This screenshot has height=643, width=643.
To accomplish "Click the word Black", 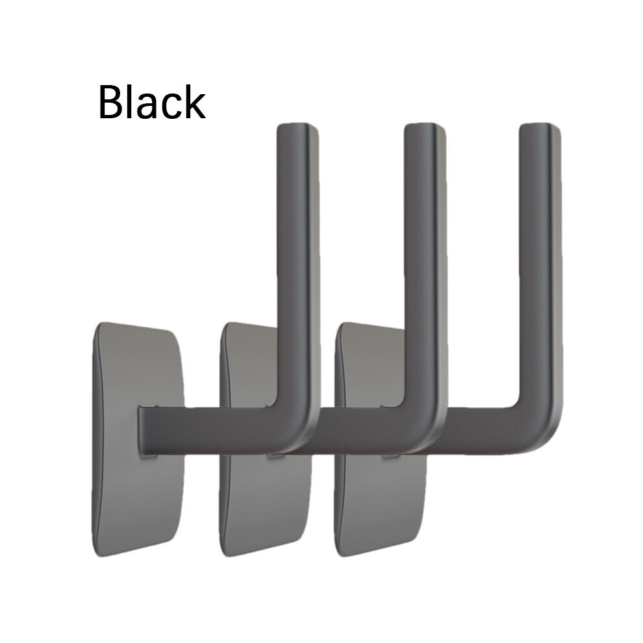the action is (152, 101).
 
